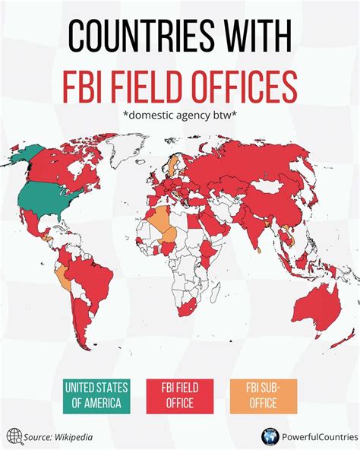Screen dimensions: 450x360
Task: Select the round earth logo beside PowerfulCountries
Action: (269, 436)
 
